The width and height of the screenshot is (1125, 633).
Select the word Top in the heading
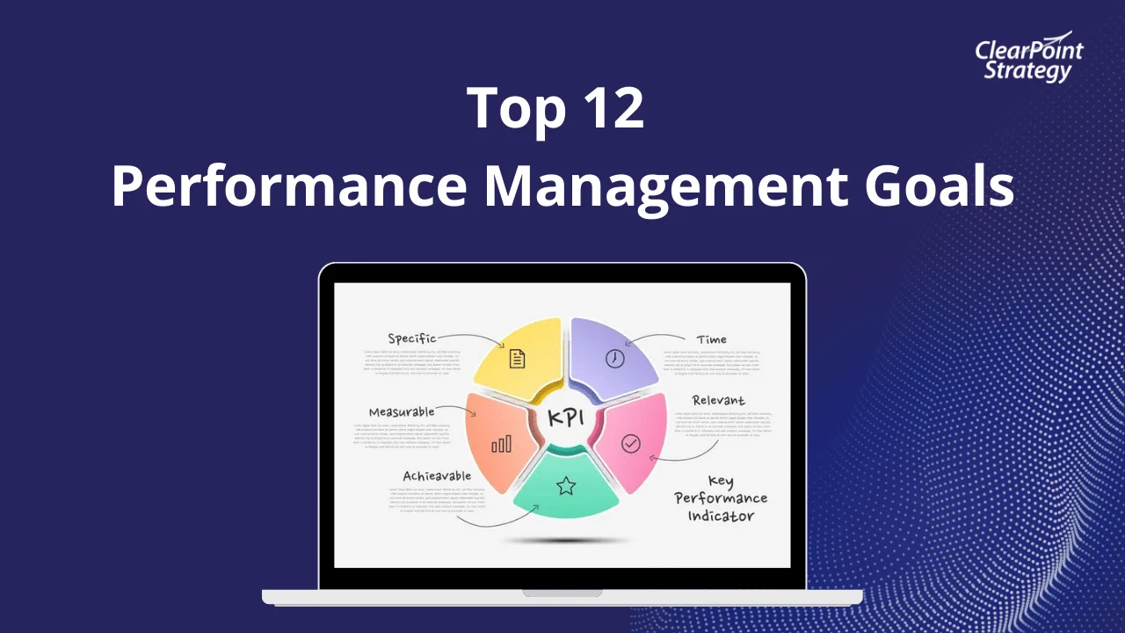click(x=510, y=109)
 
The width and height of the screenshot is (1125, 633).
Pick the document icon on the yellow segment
click(x=517, y=359)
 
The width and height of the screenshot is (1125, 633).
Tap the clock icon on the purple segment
click(x=614, y=358)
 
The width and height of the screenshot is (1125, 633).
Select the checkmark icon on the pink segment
click(x=630, y=444)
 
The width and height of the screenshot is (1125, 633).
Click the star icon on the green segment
click(x=565, y=485)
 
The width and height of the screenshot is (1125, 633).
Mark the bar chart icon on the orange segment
click(x=501, y=444)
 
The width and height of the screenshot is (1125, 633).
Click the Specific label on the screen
click(x=411, y=338)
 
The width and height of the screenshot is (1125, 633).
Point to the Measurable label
click(x=402, y=411)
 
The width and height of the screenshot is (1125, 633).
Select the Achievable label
click(x=437, y=477)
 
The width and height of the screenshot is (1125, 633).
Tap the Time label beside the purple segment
click(x=711, y=339)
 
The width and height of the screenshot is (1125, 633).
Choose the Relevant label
click(x=718, y=401)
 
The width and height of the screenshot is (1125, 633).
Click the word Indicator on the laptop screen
click(x=721, y=516)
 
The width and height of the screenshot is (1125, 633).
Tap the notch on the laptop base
click(x=562, y=593)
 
